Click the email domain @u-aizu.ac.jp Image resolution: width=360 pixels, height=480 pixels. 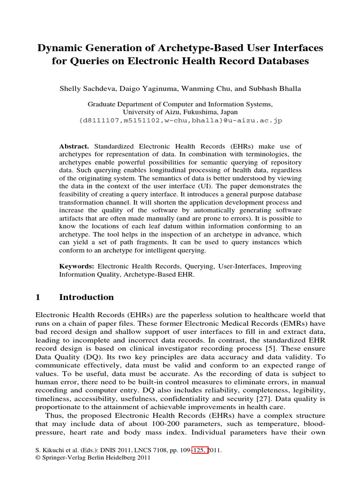[255, 120]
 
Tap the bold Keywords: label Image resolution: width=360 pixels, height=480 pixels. [76, 266]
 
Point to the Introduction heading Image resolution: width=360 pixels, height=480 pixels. [87, 297]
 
